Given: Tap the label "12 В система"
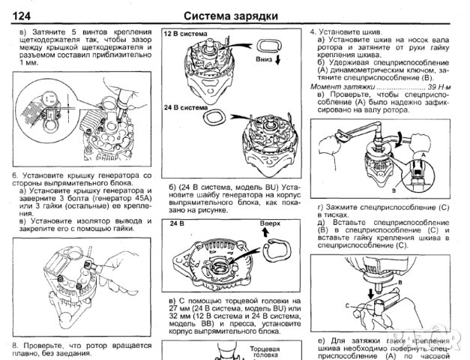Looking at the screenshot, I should tap(185, 35).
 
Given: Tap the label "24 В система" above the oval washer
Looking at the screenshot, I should tap(186, 107).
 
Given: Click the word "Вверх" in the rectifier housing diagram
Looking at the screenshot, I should tap(269, 223).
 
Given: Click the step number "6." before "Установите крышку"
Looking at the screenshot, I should tap(15, 175).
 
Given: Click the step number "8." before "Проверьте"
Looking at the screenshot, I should tap(15, 344).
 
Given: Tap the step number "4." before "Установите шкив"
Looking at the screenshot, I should tap(313, 33).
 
